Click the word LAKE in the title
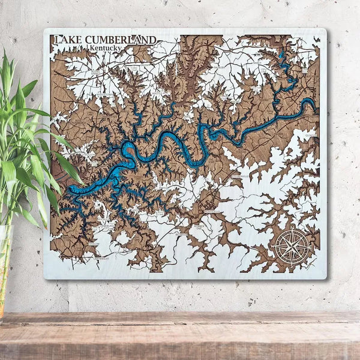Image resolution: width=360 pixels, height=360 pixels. (x=67, y=40)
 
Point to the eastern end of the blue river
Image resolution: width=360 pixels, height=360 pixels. (x=313, y=103)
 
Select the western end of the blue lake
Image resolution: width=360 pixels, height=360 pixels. (x=69, y=191)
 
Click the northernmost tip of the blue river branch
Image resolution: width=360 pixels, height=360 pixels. (x=281, y=53)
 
